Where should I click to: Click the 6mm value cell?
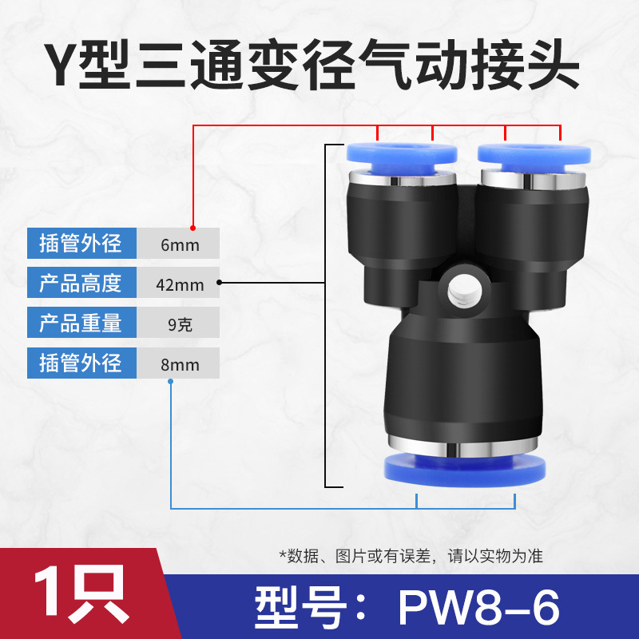click(x=178, y=244)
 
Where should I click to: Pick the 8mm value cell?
click(x=178, y=363)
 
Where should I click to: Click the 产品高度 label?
click(x=81, y=283)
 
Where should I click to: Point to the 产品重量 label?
click(x=81, y=323)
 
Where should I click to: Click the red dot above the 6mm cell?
click(x=192, y=228)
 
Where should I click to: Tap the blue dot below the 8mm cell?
click(x=171, y=382)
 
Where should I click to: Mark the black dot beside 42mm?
click(x=219, y=283)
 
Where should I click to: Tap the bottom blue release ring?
click(x=465, y=471)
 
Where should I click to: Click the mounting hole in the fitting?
click(x=465, y=292)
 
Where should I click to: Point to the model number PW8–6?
click(x=478, y=608)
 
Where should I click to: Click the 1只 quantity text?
click(x=81, y=593)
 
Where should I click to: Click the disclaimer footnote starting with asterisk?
click(x=411, y=556)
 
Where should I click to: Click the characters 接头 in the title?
click(x=526, y=65)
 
